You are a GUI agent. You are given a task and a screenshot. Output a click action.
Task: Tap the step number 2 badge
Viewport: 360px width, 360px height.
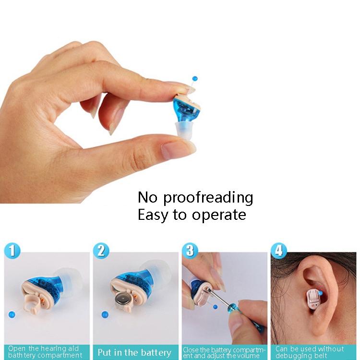pyautogui.click(x=101, y=251)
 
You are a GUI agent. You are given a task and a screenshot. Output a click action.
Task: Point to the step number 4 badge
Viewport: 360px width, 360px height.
pyautogui.click(x=278, y=251)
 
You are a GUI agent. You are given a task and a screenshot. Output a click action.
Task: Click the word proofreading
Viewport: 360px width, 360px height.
pyautogui.click(x=212, y=197)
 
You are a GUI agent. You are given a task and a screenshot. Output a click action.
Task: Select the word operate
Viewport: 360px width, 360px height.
pyautogui.click(x=219, y=215)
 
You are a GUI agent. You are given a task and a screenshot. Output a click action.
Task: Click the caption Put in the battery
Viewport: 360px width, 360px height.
pyautogui.click(x=134, y=353)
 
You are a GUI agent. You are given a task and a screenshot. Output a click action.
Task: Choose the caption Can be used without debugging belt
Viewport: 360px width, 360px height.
pyautogui.click(x=310, y=352)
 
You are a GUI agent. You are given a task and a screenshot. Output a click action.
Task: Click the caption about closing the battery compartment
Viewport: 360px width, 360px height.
pyautogui.click(x=224, y=353)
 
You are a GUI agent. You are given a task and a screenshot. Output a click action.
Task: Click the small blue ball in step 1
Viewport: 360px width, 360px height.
pyautogui.click(x=12, y=314)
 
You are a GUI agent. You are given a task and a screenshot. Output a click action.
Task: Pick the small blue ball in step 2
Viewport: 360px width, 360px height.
pyautogui.click(x=105, y=315)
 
